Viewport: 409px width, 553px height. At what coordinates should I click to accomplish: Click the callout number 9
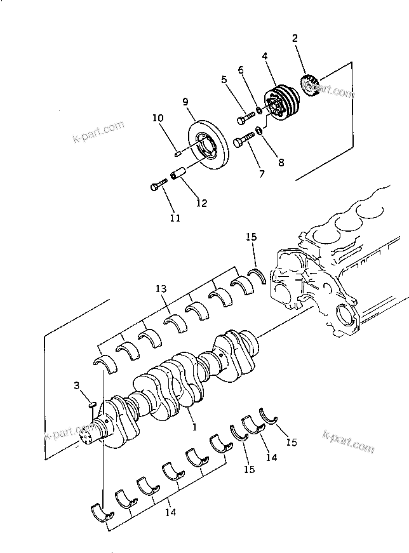click(185, 101)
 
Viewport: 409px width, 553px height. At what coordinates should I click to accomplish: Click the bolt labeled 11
click(158, 185)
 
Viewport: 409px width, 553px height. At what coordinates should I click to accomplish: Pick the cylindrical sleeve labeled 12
click(180, 172)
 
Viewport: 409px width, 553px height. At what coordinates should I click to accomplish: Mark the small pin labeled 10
click(179, 151)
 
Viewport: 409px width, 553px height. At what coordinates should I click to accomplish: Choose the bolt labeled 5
click(245, 119)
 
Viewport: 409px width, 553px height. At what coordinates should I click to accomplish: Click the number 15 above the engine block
click(251, 237)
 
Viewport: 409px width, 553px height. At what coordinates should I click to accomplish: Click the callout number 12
click(201, 203)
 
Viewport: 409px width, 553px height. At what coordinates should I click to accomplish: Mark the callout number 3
click(77, 385)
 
